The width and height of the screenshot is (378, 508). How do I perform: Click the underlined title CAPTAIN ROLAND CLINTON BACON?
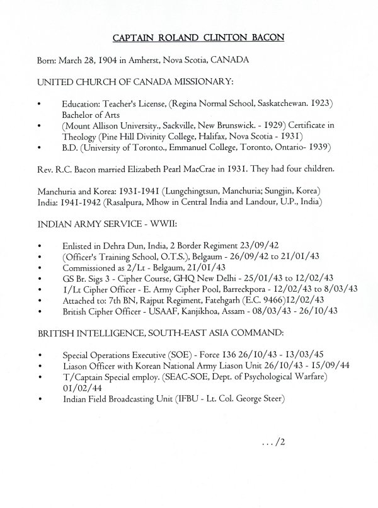tap(198, 38)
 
